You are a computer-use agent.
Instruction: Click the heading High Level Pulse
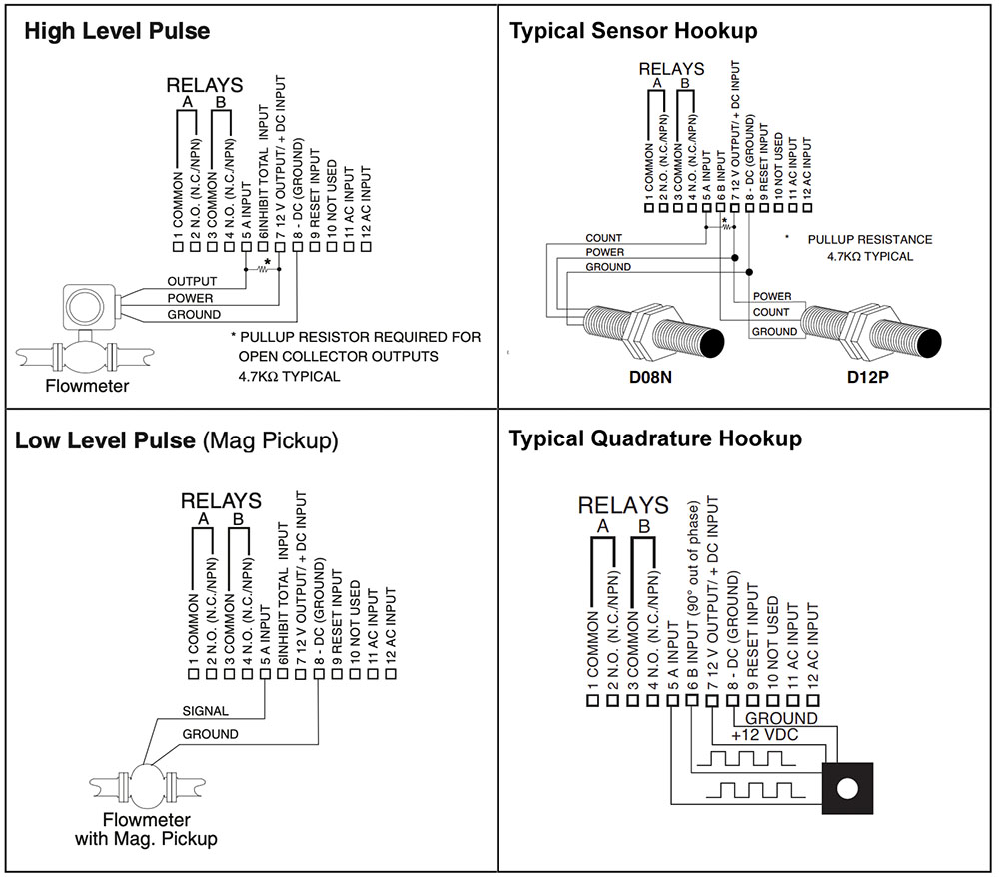pyautogui.click(x=117, y=31)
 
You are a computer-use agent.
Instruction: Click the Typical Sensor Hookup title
pyautogui.click(x=633, y=31)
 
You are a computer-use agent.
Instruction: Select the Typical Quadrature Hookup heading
pyautogui.click(x=655, y=438)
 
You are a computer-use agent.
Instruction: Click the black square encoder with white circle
pyautogui.click(x=847, y=788)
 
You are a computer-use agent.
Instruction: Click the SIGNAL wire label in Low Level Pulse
pyautogui.click(x=205, y=711)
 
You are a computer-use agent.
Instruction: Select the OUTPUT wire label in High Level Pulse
pyautogui.click(x=192, y=281)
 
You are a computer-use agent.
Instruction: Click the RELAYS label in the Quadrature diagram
pyautogui.click(x=623, y=506)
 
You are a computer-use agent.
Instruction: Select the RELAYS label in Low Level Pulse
pyautogui.click(x=220, y=500)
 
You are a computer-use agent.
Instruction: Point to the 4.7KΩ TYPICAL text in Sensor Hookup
pyautogui.click(x=870, y=256)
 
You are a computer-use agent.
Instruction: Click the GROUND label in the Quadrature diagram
pyautogui.click(x=781, y=718)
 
